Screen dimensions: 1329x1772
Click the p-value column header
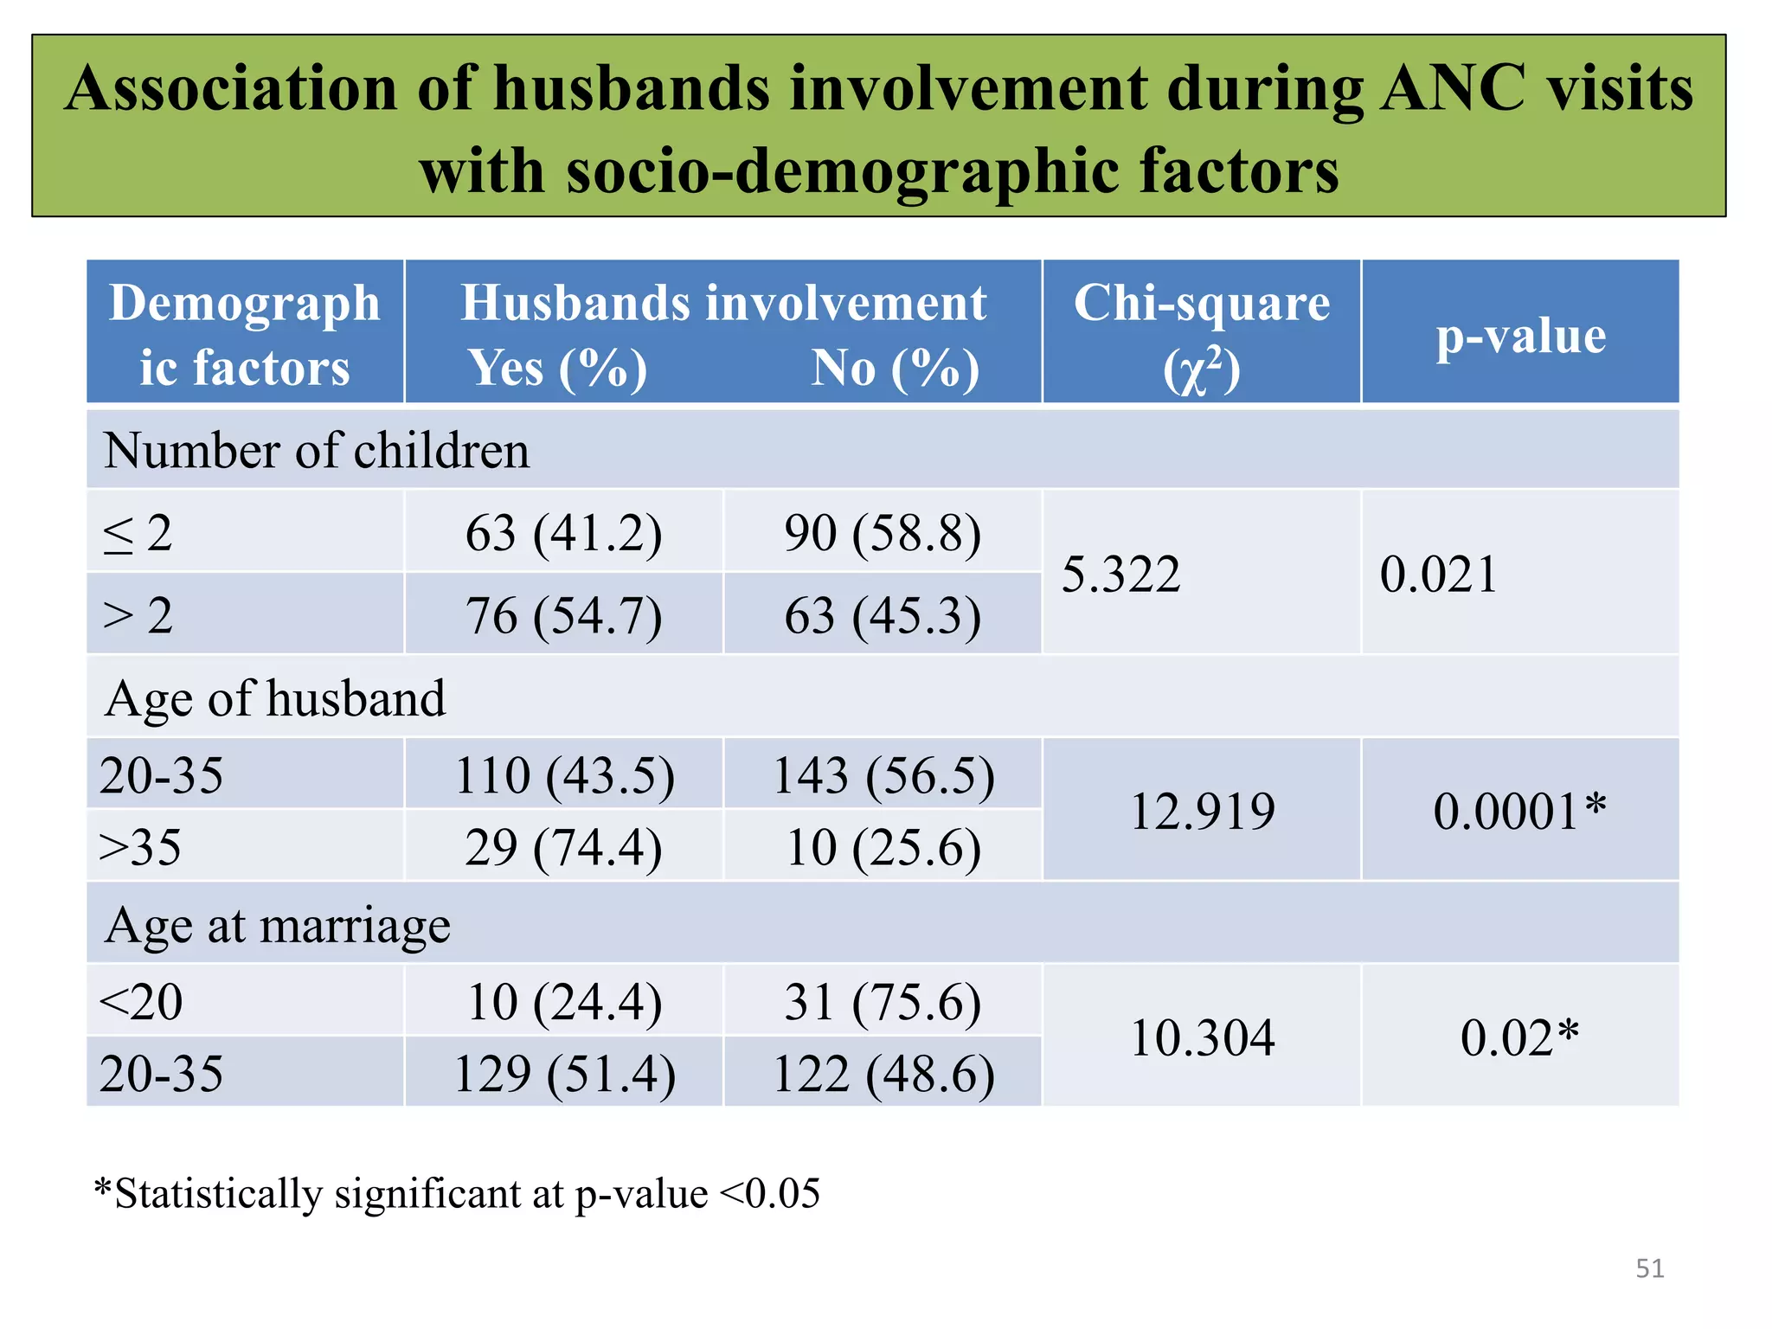(1520, 336)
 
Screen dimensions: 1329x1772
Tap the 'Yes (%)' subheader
(557, 368)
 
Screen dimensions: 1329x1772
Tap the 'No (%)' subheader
(895, 368)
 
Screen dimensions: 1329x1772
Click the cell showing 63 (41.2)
(563, 532)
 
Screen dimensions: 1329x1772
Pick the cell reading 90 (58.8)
(883, 532)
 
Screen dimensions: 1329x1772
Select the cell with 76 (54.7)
(563, 615)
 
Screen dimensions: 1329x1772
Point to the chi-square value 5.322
(1120, 574)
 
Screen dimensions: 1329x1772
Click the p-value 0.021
(1438, 574)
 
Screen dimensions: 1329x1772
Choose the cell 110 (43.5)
(564, 774)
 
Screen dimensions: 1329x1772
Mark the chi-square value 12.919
(1202, 811)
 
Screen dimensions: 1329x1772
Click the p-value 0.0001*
(1519, 811)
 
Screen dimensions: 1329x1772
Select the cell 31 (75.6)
(883, 1002)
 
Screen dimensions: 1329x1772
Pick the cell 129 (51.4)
(564, 1074)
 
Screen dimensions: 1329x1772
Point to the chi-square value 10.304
(1202, 1037)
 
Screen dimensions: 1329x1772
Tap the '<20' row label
(140, 1002)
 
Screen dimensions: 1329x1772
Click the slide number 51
(1649, 1268)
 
